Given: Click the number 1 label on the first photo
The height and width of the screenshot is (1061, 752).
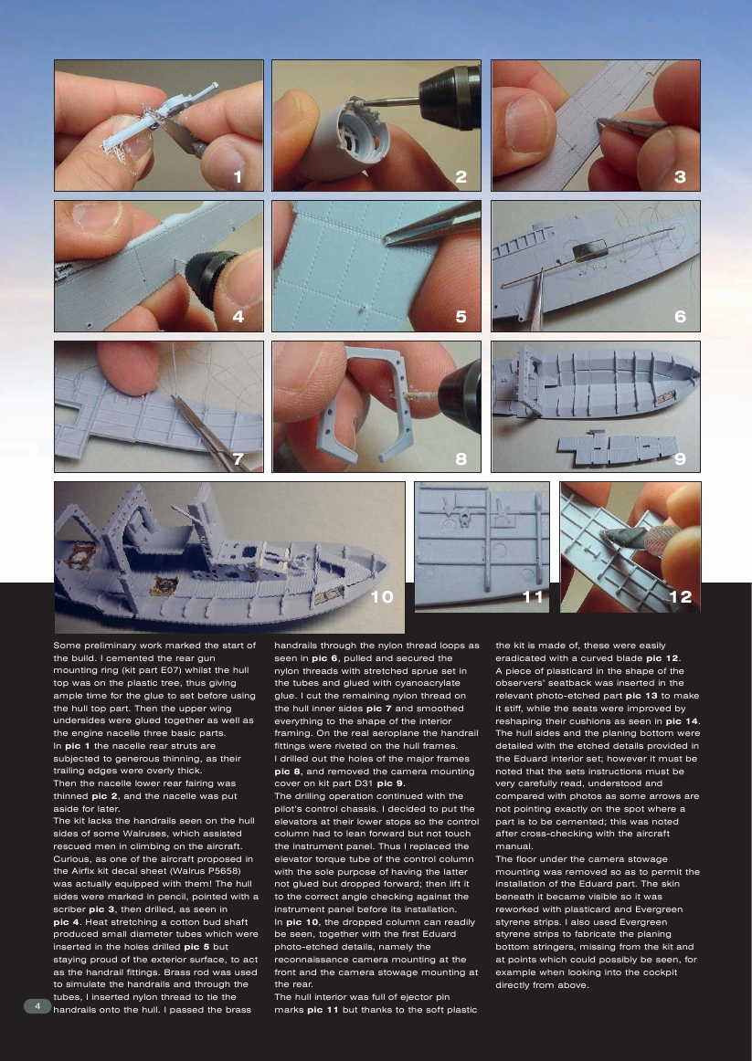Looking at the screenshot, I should (238, 177).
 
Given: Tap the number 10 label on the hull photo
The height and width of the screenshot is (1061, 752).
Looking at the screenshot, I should (383, 596).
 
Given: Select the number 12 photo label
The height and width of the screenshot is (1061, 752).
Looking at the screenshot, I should (680, 596).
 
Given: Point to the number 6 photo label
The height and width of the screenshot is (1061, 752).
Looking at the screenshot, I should (680, 317).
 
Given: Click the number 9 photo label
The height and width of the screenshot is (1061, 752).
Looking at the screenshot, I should (680, 459).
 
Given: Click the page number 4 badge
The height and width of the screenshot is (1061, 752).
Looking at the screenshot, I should (37, 1005).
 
